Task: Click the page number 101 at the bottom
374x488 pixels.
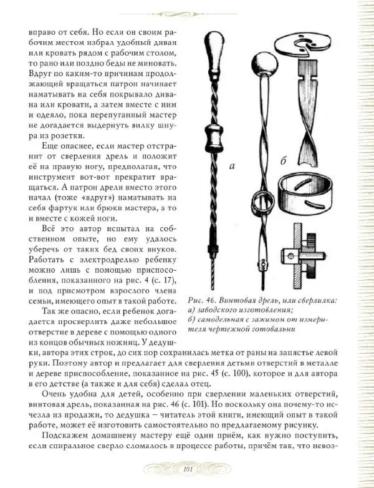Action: pos(188,470)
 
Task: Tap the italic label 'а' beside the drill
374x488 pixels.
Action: pos(232,167)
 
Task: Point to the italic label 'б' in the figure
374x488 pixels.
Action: pos(282,162)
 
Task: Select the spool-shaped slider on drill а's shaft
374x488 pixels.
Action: pos(216,136)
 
